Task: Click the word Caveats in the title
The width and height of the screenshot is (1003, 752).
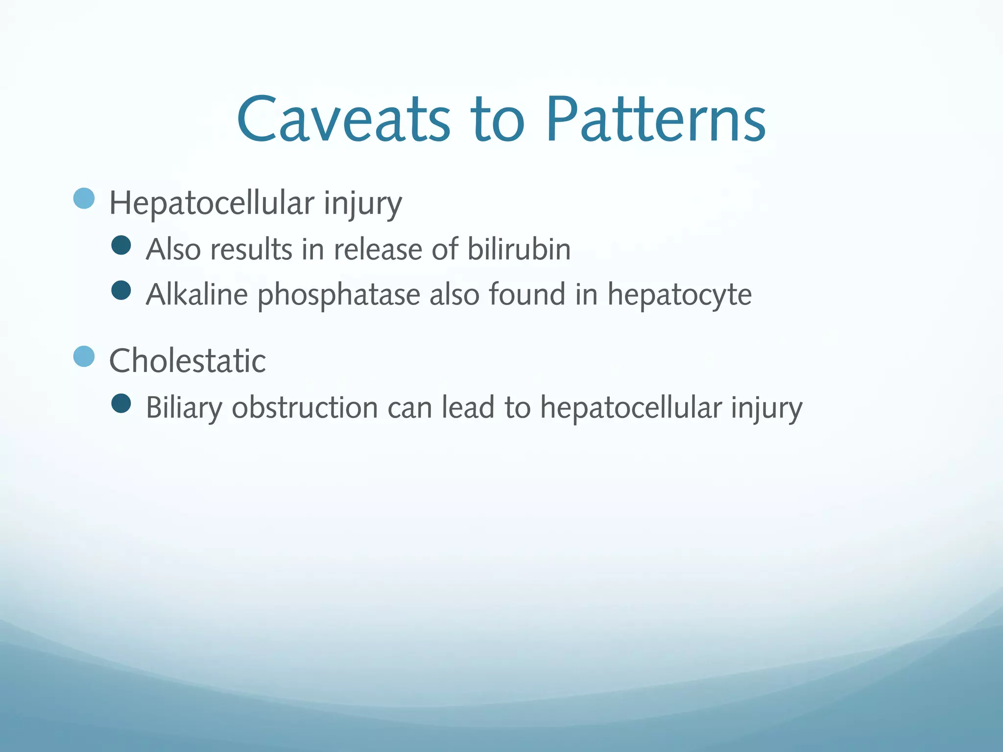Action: (x=343, y=120)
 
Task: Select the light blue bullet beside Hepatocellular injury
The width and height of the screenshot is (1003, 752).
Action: (x=84, y=198)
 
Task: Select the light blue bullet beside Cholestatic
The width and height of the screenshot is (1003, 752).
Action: (x=84, y=356)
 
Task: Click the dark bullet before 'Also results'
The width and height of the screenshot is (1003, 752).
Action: (x=121, y=245)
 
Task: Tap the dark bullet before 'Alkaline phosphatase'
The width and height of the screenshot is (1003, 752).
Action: (x=121, y=290)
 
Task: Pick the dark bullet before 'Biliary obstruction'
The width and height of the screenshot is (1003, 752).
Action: (x=121, y=403)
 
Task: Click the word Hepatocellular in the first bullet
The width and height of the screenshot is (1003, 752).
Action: (x=211, y=203)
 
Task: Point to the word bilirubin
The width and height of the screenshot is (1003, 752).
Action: (x=519, y=249)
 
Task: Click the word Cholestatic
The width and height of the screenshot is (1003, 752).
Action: (x=187, y=361)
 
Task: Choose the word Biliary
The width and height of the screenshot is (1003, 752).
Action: (x=184, y=408)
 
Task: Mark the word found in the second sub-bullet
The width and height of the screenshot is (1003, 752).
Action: (x=526, y=295)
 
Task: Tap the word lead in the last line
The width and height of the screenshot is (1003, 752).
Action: (x=468, y=407)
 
